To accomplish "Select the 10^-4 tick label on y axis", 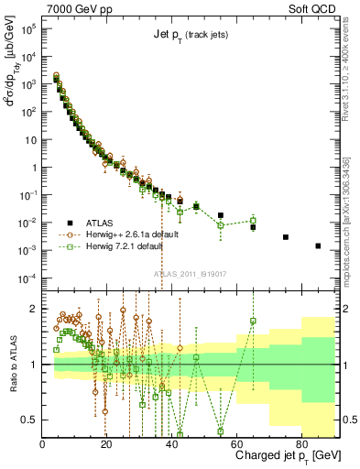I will coord(27,278).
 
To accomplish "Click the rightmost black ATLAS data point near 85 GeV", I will coord(318,245).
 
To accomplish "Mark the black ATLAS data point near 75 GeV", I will coord(286,237).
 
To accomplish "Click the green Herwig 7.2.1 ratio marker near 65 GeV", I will coord(253,321).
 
